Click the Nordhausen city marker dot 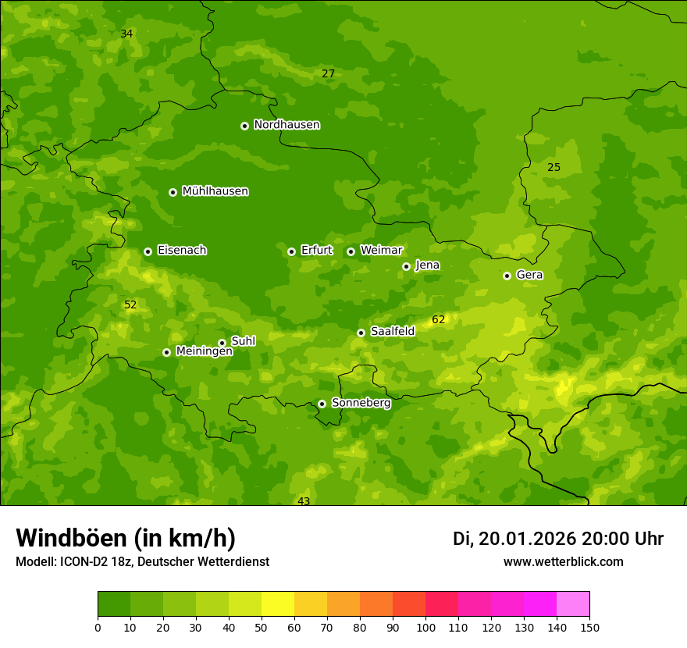click(244, 126)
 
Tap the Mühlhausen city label click(215, 191)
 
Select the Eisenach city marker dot click(148, 251)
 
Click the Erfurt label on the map click(316, 251)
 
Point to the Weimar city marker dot click(351, 251)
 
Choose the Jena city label click(427, 265)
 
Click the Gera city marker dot click(507, 276)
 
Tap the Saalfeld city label click(392, 332)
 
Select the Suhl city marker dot click(222, 343)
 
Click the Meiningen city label click(204, 351)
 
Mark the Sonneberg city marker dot click(322, 404)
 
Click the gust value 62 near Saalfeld click(438, 320)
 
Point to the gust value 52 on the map click(130, 305)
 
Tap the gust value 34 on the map click(126, 34)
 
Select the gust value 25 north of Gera click(554, 168)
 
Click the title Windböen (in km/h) click(126, 538)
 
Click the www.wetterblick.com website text click(563, 562)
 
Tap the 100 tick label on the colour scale click(425, 628)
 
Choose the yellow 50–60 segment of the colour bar click(278, 604)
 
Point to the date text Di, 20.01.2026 click(514, 539)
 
